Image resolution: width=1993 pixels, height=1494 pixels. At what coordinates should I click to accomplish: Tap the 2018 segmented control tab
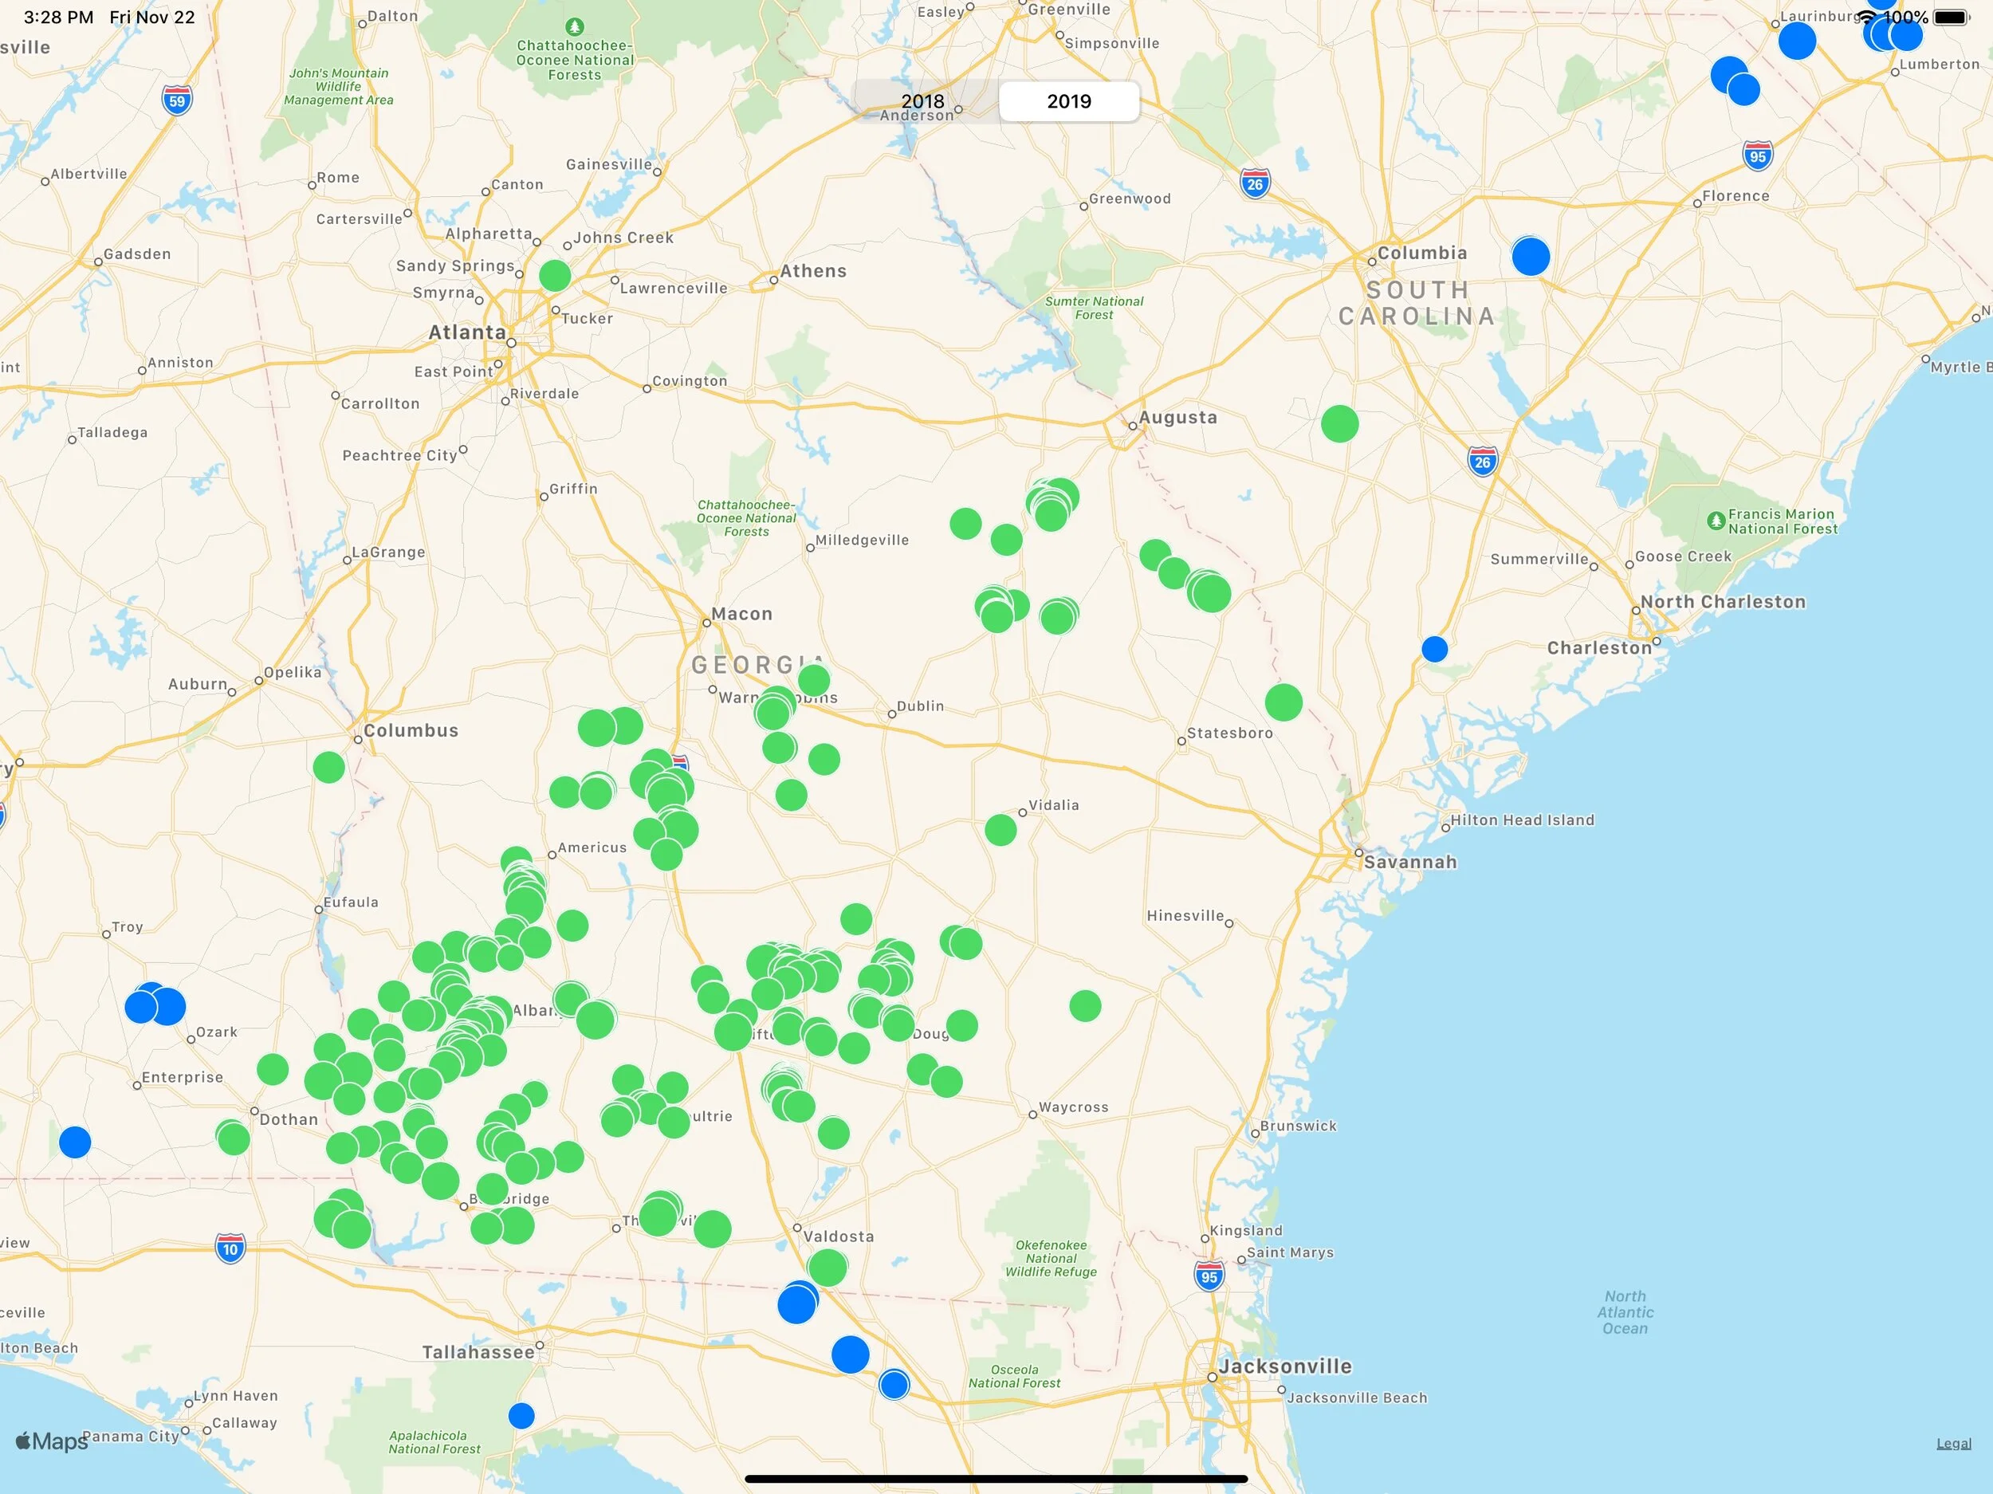pos(923,101)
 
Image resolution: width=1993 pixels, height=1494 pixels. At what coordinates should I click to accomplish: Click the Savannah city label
pos(1409,863)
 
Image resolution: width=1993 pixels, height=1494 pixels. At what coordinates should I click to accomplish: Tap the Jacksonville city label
pos(1285,1366)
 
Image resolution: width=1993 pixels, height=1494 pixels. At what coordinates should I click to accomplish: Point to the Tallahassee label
pos(478,1351)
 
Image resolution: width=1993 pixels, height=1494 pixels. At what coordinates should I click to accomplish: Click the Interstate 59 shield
pos(178,100)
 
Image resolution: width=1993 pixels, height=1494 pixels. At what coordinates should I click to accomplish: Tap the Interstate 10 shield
pos(230,1249)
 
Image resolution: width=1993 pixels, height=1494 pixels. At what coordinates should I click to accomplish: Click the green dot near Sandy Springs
pos(555,275)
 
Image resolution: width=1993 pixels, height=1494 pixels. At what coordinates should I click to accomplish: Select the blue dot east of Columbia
pos(1531,256)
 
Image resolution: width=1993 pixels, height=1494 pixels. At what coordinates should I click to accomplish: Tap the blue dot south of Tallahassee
pos(521,1416)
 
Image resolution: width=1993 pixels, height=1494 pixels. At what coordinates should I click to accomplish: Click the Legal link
pos(1953,1444)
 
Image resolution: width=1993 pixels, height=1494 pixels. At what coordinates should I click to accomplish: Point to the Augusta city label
pos(1177,417)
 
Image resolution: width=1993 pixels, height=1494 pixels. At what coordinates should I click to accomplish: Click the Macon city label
pos(741,614)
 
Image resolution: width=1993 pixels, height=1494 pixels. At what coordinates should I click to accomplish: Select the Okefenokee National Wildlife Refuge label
pos(1051,1258)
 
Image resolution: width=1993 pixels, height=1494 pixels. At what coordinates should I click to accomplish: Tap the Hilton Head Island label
pos(1522,820)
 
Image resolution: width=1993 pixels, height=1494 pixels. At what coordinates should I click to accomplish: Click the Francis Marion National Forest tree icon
pos(1716,520)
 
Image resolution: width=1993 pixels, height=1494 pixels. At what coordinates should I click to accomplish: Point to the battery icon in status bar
pos(1951,17)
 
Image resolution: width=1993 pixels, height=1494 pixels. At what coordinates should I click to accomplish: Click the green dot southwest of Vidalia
pos(1000,830)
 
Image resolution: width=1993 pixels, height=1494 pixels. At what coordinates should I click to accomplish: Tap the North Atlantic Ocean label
pos(1625,1312)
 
